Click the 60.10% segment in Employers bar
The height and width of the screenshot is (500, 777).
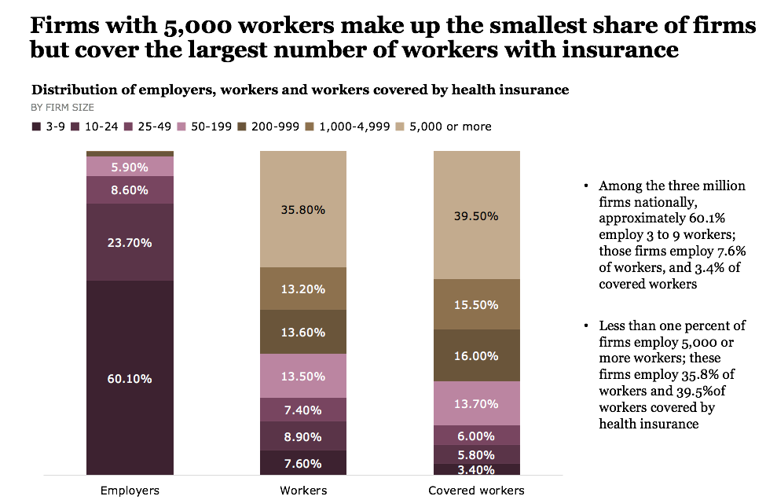[x=130, y=378]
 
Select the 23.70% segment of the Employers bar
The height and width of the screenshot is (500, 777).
[x=130, y=242]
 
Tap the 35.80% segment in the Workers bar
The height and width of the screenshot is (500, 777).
[x=302, y=210]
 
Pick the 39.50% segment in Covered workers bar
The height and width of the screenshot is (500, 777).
[x=476, y=215]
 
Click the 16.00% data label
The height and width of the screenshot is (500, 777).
[x=476, y=356]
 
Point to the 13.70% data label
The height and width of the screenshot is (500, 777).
[x=476, y=403]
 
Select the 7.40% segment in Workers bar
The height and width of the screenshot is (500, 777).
[x=302, y=410]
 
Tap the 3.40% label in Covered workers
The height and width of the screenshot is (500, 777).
[x=476, y=470]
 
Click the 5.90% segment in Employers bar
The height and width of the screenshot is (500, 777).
[x=130, y=167]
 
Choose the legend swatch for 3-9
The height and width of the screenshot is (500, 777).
[x=35, y=127]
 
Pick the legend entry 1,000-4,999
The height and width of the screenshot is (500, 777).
[x=357, y=127]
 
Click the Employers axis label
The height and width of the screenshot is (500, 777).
[x=130, y=491]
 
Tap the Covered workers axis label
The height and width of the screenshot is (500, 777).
[x=476, y=491]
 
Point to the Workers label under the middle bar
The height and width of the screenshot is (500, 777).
[x=303, y=491]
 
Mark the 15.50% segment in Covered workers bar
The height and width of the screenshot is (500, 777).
[x=476, y=303]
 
